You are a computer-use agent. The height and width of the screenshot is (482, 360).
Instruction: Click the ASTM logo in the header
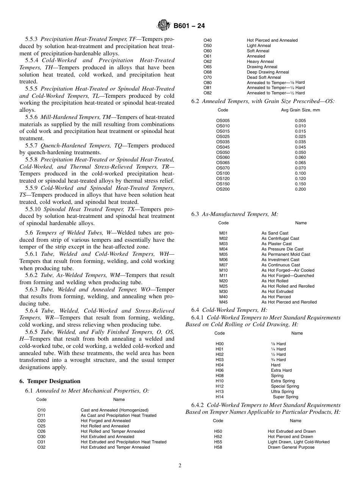[164, 26]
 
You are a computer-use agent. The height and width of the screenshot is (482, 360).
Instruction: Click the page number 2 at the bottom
[180, 466]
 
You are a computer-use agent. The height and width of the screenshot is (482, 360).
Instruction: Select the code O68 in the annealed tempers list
[207, 72]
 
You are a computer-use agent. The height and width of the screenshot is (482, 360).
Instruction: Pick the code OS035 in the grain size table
[223, 142]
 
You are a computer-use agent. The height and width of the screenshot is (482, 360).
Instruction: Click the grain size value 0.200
[300, 189]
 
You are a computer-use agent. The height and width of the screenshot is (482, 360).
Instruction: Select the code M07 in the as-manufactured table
[223, 265]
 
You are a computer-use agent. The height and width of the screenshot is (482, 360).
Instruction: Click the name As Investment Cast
[280, 260]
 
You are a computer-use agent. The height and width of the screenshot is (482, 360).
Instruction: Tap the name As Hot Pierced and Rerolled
[289, 302]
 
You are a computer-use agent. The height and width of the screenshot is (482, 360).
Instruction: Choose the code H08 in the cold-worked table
[219, 376]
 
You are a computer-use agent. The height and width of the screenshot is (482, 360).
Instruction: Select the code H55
[218, 442]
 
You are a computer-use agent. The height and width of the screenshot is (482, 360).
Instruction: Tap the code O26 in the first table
[41, 431]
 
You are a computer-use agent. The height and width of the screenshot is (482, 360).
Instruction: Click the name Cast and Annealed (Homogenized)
[114, 410]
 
